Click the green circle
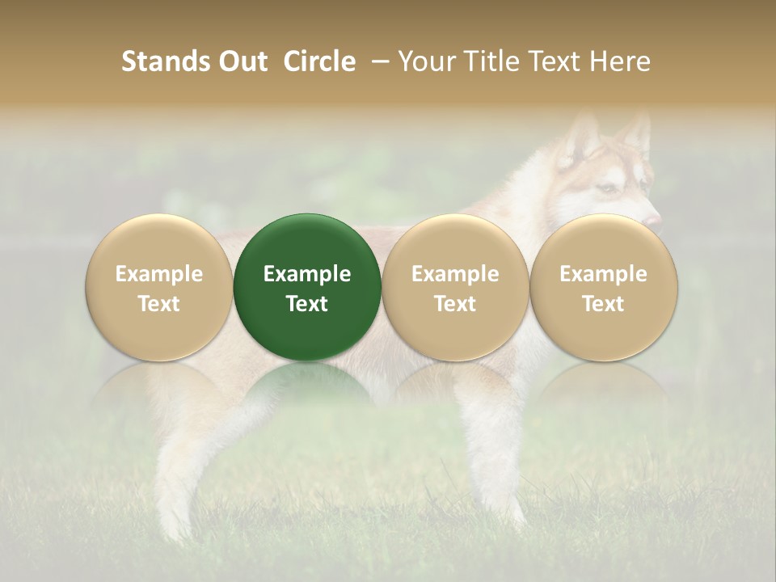click(307, 288)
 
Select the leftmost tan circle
click(159, 288)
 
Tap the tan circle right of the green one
click(455, 288)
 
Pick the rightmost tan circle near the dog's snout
click(604, 288)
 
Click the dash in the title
click(377, 61)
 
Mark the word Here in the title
click(621, 61)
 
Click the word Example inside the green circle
click(307, 274)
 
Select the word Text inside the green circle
click(307, 304)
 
